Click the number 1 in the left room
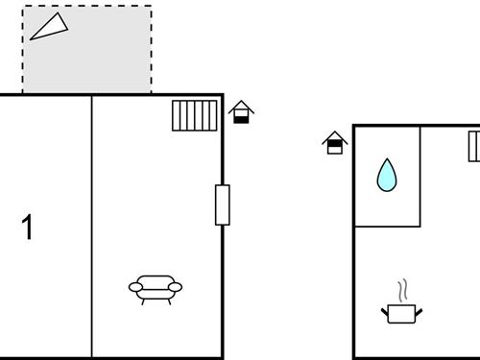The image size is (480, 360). click(27, 228)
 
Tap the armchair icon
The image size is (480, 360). click(156, 288)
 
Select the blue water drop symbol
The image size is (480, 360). click(387, 175)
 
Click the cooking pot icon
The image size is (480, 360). click(400, 312)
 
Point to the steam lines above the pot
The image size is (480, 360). click(402, 289)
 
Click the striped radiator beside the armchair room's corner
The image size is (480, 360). click(195, 115)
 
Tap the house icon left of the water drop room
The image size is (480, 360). click(334, 142)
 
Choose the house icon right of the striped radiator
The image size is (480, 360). click(242, 112)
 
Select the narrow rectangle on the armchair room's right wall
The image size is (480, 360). click(223, 204)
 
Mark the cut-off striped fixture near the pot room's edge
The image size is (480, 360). click(474, 147)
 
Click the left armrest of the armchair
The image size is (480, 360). click(134, 286)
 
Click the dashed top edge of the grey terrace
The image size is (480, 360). click(86, 7)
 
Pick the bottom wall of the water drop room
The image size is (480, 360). click(388, 227)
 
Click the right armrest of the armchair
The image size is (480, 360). click(177, 286)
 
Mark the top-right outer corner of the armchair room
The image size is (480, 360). click(223, 95)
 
